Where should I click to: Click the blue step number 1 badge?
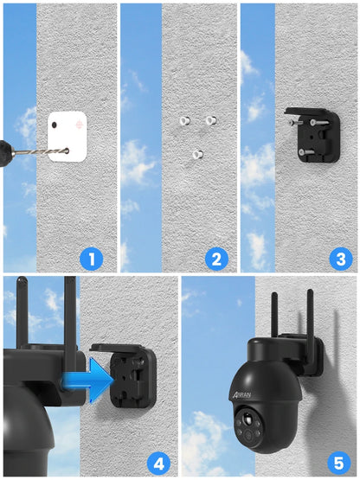tap(92, 258)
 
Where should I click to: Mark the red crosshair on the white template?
tap(79, 125)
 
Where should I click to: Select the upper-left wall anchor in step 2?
tap(183, 120)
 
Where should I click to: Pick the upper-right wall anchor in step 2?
tap(211, 120)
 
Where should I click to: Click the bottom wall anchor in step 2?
tap(197, 156)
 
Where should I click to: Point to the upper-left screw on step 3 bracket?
tap(294, 123)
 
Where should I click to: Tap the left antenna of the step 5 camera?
tap(273, 316)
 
